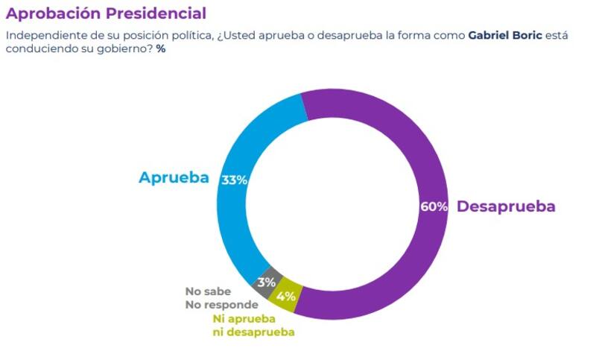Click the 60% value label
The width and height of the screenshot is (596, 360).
click(434, 206)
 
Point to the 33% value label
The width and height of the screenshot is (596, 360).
click(234, 180)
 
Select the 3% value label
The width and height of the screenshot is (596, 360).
click(267, 282)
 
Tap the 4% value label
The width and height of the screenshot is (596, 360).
click(287, 296)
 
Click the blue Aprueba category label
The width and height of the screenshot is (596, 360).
click(174, 178)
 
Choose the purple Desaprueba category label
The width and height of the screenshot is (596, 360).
click(506, 206)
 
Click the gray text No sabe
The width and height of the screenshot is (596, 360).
click(208, 291)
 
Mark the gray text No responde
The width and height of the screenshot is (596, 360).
click(221, 304)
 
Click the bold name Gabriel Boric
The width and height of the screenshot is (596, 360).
click(503, 35)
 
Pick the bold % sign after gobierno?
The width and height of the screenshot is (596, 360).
click(160, 48)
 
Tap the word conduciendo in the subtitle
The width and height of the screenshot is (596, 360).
click(37, 48)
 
